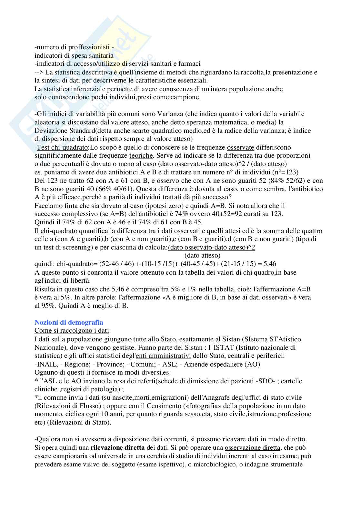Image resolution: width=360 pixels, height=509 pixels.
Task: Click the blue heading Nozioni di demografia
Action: pyautogui.click(x=69, y=322)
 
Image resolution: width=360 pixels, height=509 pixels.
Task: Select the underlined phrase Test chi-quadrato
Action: pyautogui.click(x=62, y=147)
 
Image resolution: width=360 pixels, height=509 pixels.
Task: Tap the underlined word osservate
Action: pyautogui.click(x=240, y=147)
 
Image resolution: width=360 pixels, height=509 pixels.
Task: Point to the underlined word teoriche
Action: pyautogui.click(x=141, y=156)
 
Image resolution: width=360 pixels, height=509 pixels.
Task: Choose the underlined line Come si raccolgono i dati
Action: pyautogui.click(x=72, y=330)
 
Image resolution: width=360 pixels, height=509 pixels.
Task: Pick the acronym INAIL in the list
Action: pyautogui.click(x=45, y=364)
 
